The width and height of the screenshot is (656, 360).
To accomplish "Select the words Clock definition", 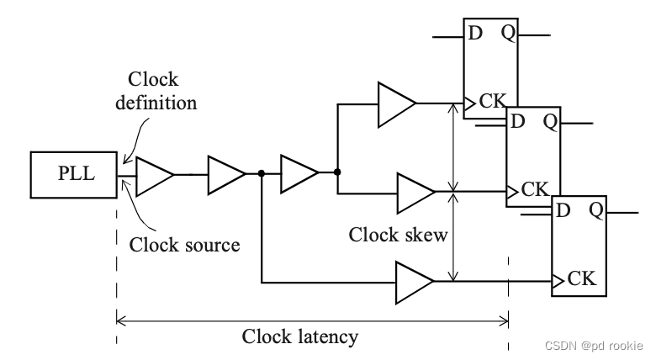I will point(162,92).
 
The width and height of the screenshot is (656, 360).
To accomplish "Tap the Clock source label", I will point(184,245).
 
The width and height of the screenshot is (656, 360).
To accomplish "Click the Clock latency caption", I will point(300,336).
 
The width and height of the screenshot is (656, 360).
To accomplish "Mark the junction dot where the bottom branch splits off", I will point(262,174).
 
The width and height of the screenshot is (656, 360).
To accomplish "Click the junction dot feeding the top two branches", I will point(336,172).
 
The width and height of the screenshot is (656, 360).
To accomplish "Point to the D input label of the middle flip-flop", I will point(519,121).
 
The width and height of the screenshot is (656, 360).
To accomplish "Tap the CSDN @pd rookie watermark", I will point(593,346).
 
